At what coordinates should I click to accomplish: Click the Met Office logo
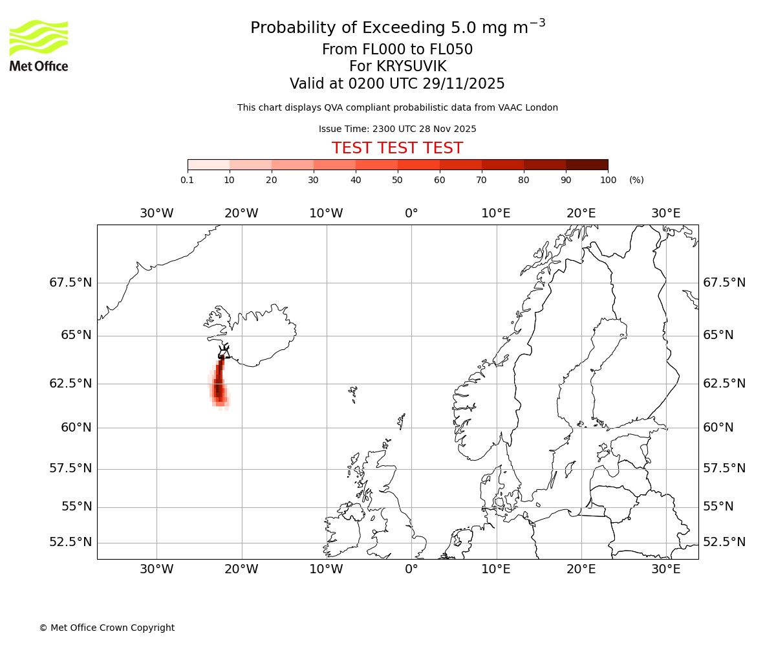39,45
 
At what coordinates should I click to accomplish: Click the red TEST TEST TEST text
397,148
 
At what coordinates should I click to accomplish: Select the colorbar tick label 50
398,180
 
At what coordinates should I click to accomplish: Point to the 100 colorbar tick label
608,180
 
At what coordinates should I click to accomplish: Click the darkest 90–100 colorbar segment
587,164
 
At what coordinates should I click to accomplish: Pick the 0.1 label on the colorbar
188,180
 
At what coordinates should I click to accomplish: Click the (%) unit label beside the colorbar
636,180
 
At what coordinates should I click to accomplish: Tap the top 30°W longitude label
156,214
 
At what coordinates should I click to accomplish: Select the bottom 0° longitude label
411,569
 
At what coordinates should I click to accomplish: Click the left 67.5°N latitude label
70,283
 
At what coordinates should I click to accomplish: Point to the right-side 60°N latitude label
718,428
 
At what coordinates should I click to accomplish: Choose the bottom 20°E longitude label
581,569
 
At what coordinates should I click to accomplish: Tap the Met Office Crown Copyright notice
107,628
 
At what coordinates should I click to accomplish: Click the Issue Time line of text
397,129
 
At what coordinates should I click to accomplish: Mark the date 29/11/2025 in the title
464,84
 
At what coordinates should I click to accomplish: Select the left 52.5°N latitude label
70,542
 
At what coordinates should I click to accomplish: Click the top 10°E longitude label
496,214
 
